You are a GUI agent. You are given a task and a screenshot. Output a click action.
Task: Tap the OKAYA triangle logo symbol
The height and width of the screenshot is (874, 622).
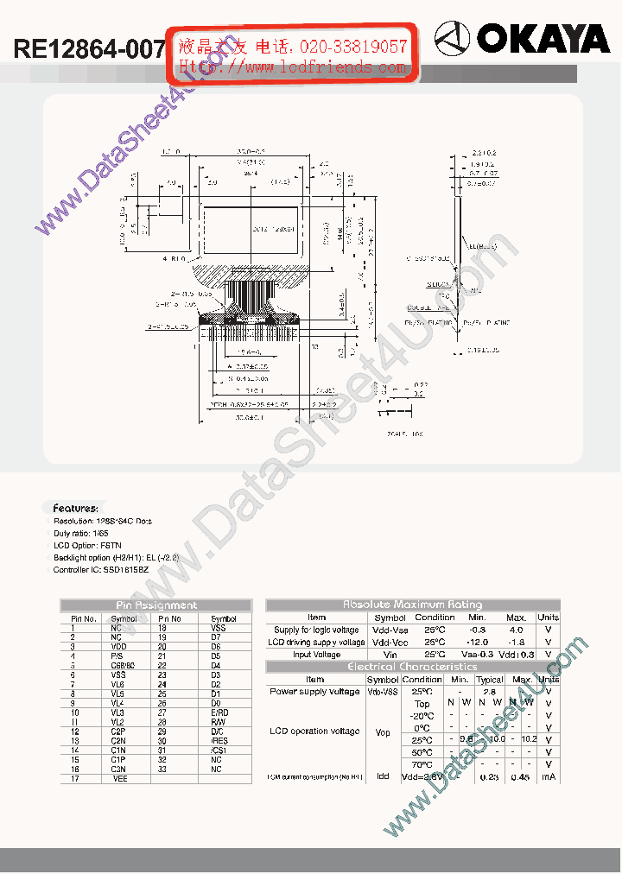tap(452, 38)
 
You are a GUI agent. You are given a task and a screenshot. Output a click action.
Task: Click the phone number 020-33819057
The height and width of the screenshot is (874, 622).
tap(353, 46)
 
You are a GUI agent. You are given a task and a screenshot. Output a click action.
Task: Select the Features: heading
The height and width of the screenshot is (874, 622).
tap(76, 509)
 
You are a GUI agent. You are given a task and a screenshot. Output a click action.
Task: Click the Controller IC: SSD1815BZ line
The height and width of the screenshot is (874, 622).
tap(101, 570)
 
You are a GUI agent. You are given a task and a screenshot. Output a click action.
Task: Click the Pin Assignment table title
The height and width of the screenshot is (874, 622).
tap(155, 605)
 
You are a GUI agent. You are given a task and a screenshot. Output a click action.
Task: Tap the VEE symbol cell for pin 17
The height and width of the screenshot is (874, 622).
tap(120, 779)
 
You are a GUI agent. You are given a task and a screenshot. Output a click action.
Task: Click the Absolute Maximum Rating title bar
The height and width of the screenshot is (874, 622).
tap(412, 605)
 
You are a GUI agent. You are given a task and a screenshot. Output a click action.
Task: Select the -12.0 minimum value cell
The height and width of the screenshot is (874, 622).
tap(478, 642)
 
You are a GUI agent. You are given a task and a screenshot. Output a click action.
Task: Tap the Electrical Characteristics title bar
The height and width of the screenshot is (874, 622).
tap(412, 667)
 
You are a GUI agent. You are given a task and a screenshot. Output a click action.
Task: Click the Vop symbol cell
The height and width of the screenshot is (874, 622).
tap(383, 732)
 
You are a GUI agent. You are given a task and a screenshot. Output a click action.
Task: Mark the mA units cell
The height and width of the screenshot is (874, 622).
tap(548, 777)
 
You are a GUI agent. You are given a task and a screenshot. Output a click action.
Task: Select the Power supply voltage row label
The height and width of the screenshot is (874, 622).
tap(314, 692)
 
